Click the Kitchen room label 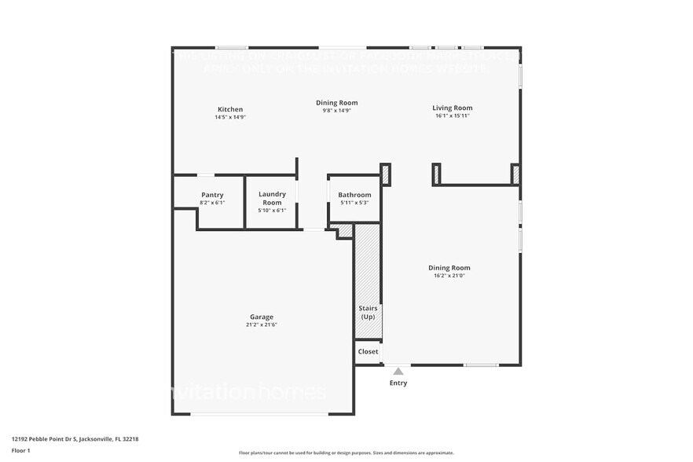click(x=230, y=109)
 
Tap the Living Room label click(x=452, y=108)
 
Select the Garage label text click(x=262, y=317)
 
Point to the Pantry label click(x=212, y=195)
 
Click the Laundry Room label click(x=272, y=198)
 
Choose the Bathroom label click(x=354, y=195)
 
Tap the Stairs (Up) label click(x=368, y=312)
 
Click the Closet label click(x=368, y=351)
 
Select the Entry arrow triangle click(x=398, y=372)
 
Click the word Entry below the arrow click(x=398, y=383)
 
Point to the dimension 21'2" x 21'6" click(x=262, y=324)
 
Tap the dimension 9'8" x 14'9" click(x=337, y=110)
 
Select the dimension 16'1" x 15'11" click(x=452, y=115)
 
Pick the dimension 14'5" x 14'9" click(x=230, y=117)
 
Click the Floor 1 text click(x=20, y=450)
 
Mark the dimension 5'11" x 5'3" click(x=354, y=203)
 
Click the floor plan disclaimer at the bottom click(x=346, y=453)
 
